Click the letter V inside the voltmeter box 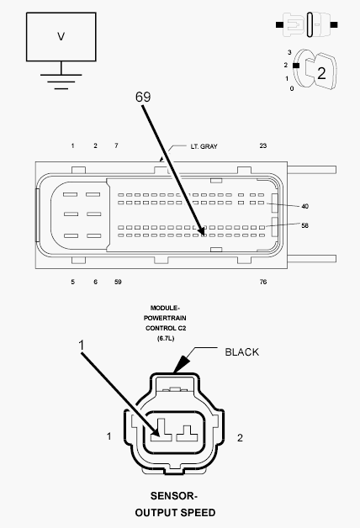tap(61, 36)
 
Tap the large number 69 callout tap(143, 97)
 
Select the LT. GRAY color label tap(204, 146)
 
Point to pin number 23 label tap(263, 145)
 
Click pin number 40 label tap(304, 206)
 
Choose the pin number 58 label tap(304, 225)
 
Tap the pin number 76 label tap(263, 282)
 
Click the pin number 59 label tap(118, 282)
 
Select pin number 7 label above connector tap(116, 145)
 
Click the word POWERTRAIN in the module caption tap(165, 318)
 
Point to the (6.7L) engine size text tap(166, 338)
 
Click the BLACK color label tap(241, 352)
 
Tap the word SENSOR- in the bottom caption tap(174, 496)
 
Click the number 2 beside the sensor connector tap(240, 438)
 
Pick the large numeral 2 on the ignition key tap(321, 73)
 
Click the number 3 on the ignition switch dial tap(289, 52)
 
